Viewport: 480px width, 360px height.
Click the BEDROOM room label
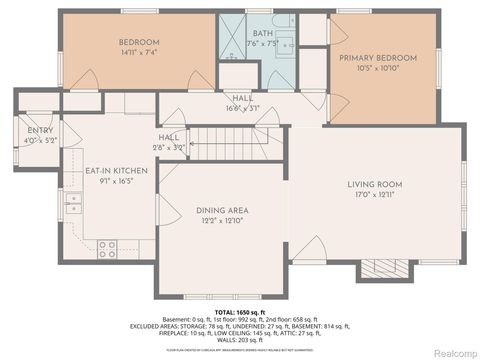(140, 42)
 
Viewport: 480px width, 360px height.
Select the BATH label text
(263, 33)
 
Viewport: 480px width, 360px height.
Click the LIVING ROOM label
(375, 184)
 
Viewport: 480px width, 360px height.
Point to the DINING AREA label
(222, 210)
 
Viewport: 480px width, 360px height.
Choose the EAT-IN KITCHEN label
(116, 171)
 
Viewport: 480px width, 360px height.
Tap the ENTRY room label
(41, 131)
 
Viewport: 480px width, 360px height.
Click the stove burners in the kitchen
(106, 247)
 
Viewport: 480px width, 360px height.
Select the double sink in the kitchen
(73, 204)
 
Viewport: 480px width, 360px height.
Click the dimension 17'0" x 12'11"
(375, 195)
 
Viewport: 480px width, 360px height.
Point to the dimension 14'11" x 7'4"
(140, 52)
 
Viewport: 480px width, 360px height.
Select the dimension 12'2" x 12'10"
(222, 220)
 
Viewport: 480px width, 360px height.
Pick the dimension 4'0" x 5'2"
(41, 141)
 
